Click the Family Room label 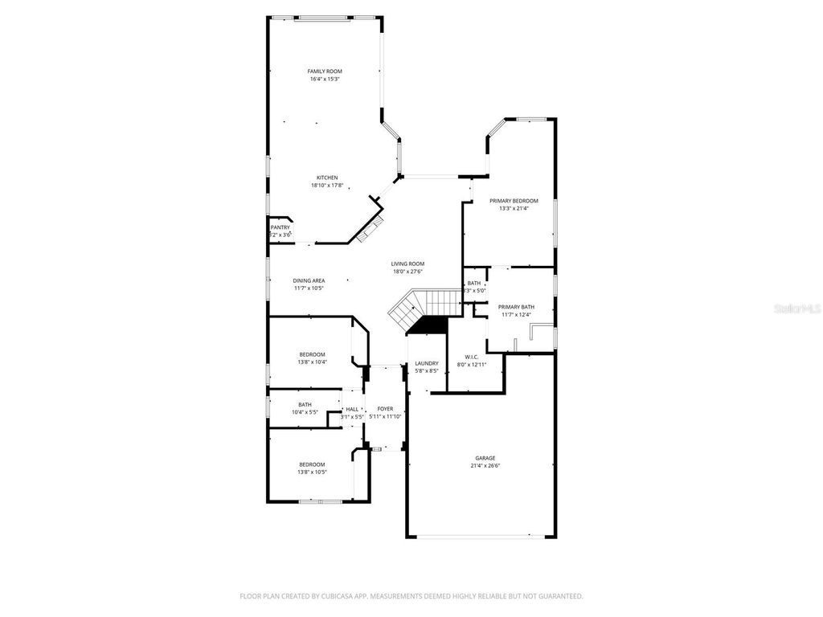[325, 72]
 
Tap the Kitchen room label [327, 178]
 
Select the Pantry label [280, 227]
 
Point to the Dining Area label [309, 280]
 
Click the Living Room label [407, 264]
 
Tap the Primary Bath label [516, 307]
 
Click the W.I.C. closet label [472, 357]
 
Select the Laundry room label [426, 363]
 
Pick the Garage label [485, 458]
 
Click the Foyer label [385, 409]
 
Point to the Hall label [352, 409]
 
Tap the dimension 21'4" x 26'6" [485, 466]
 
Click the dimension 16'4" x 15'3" [325, 80]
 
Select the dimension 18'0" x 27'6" [407, 272]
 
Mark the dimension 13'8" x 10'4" [312, 362]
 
